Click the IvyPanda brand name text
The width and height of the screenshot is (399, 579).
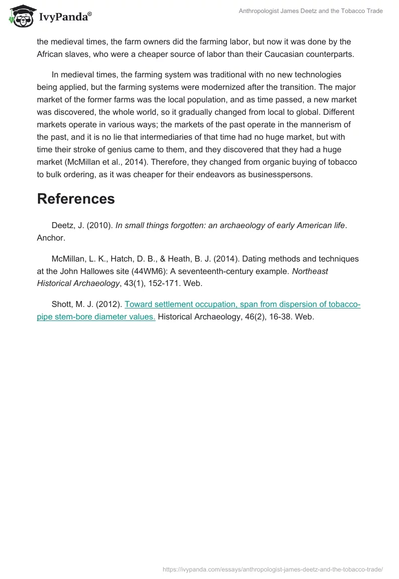point(65,16)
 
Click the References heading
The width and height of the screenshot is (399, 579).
point(76,199)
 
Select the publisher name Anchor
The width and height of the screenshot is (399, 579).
point(50,238)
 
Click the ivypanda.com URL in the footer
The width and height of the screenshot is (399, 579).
point(273,569)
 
